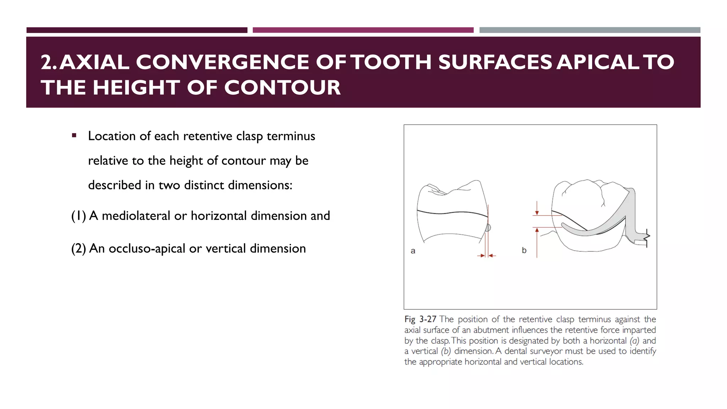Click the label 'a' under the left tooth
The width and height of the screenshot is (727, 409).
point(413,251)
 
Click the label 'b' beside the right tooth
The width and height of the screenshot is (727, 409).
point(524,250)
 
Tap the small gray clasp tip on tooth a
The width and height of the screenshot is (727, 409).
point(488,227)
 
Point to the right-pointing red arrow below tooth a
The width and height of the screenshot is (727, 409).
point(481,255)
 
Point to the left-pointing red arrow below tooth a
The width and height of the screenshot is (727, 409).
point(492,255)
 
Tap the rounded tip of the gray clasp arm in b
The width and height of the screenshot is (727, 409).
point(563,225)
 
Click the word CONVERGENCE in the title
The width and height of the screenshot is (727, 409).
point(223,62)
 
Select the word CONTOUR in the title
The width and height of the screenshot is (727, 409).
point(282,88)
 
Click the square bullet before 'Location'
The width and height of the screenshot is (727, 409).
point(74,135)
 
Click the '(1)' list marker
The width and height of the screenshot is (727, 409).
point(78,216)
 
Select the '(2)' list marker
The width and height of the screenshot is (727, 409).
point(78,249)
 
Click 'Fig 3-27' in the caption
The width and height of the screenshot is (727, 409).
point(420,319)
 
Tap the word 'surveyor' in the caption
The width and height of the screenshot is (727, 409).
point(545,351)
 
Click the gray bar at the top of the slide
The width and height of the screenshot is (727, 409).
point(590,30)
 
